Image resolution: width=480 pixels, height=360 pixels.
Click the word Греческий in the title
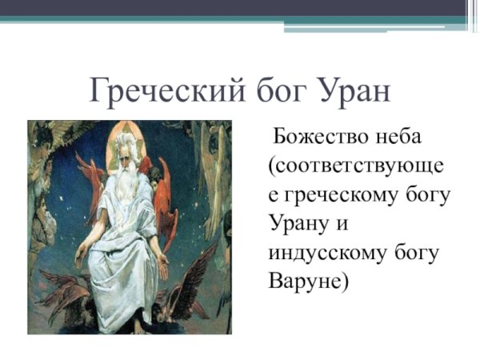[159, 90]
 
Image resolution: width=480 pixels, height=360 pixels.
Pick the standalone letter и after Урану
[337, 224]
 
